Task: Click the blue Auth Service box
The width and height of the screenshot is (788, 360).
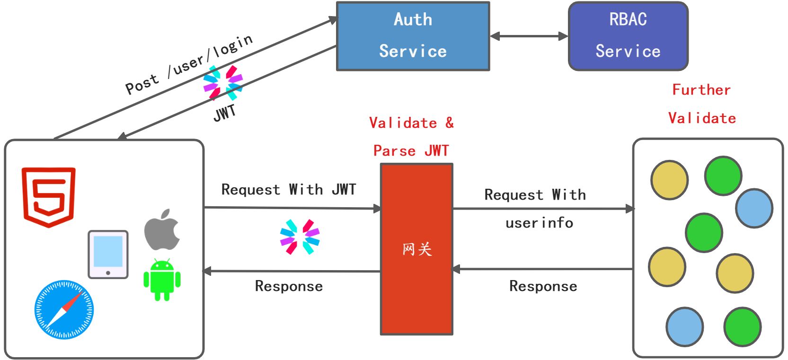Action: point(413,36)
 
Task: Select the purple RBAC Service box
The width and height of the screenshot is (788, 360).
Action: point(628,36)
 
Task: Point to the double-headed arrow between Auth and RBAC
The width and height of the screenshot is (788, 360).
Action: point(529,36)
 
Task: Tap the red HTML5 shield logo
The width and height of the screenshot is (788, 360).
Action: point(49,196)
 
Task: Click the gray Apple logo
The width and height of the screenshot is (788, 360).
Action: point(162,230)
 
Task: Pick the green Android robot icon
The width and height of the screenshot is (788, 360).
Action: point(162,280)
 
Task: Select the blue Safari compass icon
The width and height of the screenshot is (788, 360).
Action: point(64,309)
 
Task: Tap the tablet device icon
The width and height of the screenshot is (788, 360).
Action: point(108,254)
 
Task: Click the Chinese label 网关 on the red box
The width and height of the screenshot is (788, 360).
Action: point(417,249)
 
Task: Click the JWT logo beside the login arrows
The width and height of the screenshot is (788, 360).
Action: point(222,83)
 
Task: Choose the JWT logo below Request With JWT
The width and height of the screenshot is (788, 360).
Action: point(300,237)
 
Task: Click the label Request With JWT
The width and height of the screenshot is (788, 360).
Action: point(288,190)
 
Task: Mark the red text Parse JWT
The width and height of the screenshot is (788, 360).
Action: point(411,151)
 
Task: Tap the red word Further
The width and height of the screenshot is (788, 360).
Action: point(701,90)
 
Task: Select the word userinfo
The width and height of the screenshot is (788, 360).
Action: point(539,223)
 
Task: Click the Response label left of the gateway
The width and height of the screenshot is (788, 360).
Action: point(289,286)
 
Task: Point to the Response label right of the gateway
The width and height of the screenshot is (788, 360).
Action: point(543,286)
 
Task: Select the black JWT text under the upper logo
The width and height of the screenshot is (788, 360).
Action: point(225,113)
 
